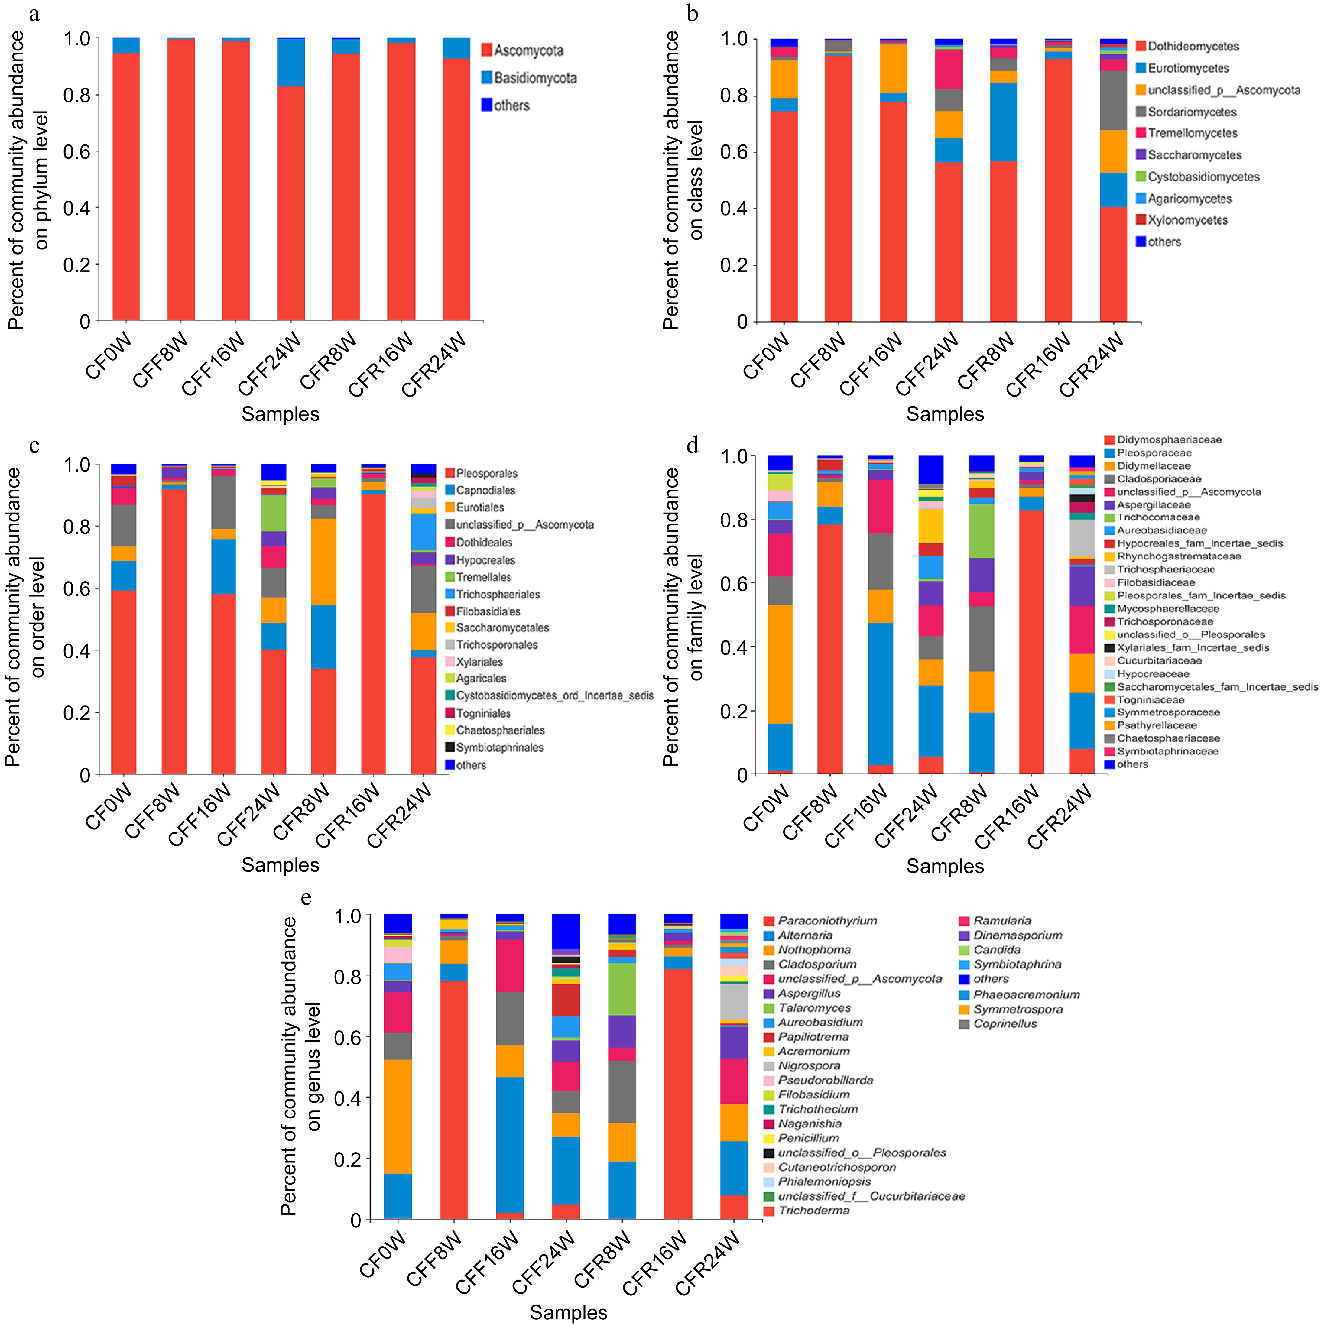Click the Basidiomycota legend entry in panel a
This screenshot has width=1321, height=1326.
(534, 78)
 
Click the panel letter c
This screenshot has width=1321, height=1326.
(34, 446)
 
